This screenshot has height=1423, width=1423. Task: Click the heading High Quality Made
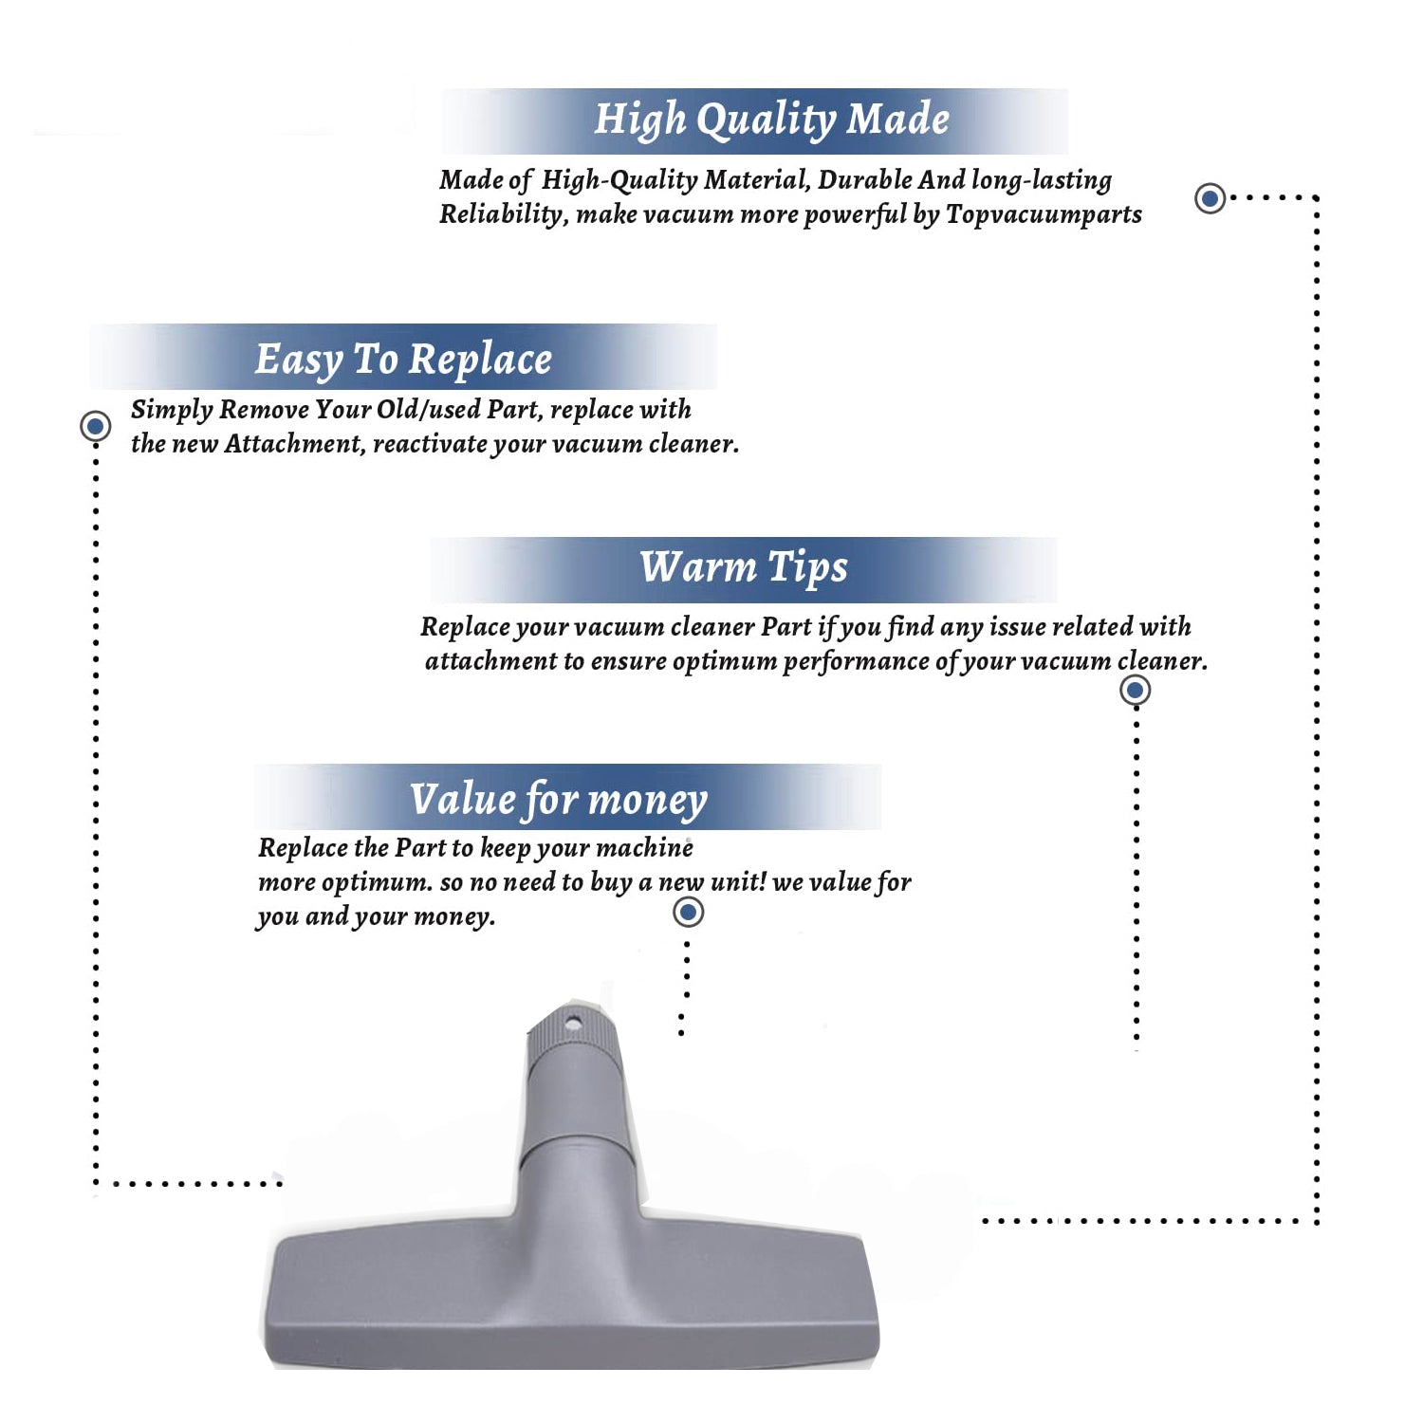point(771,120)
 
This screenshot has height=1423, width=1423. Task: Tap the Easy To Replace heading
point(403,360)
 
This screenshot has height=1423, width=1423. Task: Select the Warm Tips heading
point(744,567)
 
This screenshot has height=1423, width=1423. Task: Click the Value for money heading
point(559,800)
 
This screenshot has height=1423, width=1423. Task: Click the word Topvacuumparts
point(1044,215)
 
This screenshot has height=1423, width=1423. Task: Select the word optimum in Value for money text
point(377,883)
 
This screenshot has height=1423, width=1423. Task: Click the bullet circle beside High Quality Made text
point(1210,198)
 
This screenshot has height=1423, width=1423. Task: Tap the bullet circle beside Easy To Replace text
point(95,426)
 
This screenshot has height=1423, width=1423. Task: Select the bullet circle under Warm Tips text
point(1135,690)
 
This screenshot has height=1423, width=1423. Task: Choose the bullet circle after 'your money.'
point(688,913)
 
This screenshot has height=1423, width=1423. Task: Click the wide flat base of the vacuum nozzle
point(570,1296)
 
